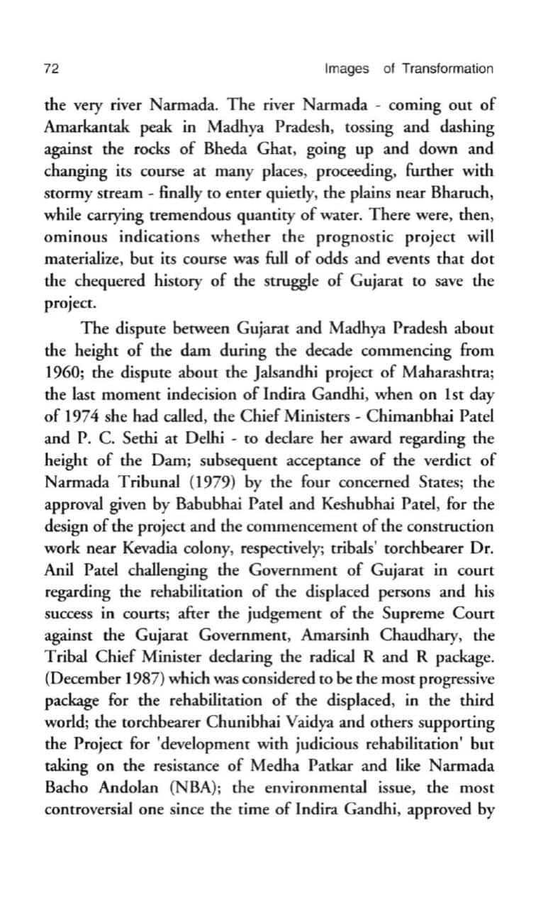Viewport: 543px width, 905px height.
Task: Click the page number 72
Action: (51, 69)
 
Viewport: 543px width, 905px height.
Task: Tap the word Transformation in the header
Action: (447, 69)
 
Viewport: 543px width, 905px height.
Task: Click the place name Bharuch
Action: (463, 193)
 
